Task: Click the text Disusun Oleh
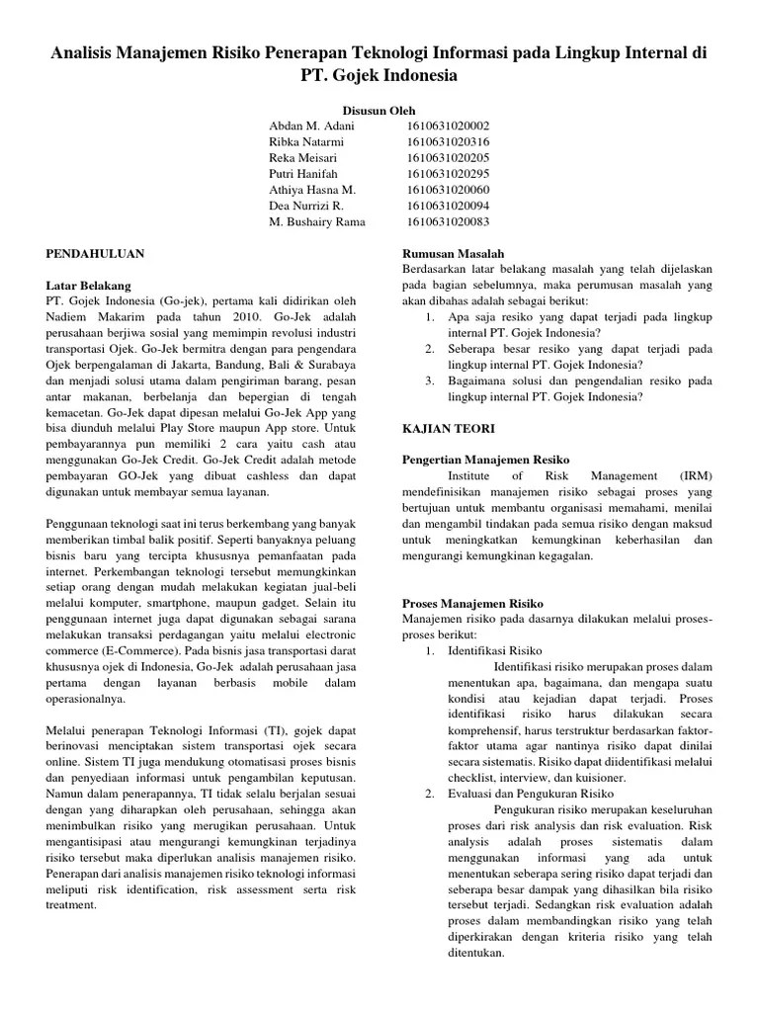[x=380, y=111]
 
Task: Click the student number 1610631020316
[x=448, y=142]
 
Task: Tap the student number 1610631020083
[x=448, y=221]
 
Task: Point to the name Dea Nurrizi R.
[x=306, y=206]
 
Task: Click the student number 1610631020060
[x=448, y=190]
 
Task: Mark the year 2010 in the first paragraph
[x=245, y=316]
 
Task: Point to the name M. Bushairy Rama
[x=316, y=221]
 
